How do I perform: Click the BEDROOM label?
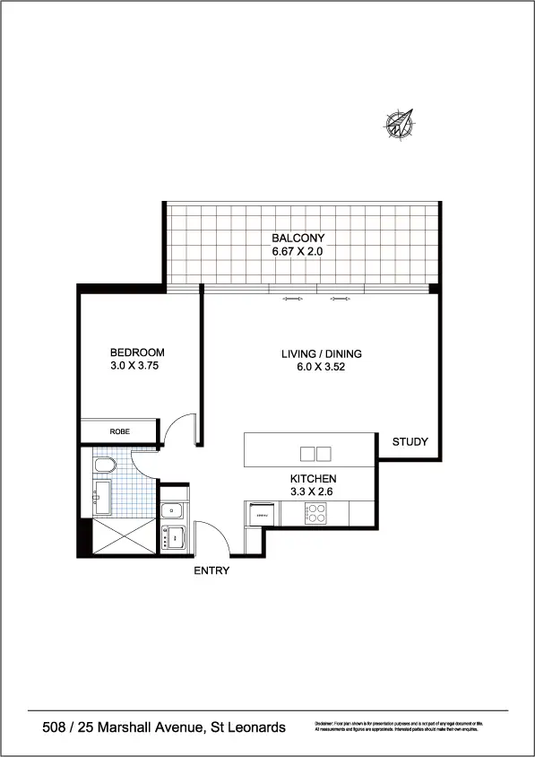pos(137,352)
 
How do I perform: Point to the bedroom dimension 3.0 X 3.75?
pos(137,366)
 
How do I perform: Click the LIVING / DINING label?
pos(321,353)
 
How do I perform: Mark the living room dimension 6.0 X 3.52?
pos(321,367)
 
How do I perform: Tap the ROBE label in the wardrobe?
pos(119,431)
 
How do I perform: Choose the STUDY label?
pos(410,442)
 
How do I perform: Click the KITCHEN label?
pos(313,479)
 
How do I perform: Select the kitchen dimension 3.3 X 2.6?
pos(313,492)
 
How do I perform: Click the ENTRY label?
pos(211,570)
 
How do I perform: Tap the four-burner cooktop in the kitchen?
pos(315,514)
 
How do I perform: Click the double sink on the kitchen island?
pos(315,453)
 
